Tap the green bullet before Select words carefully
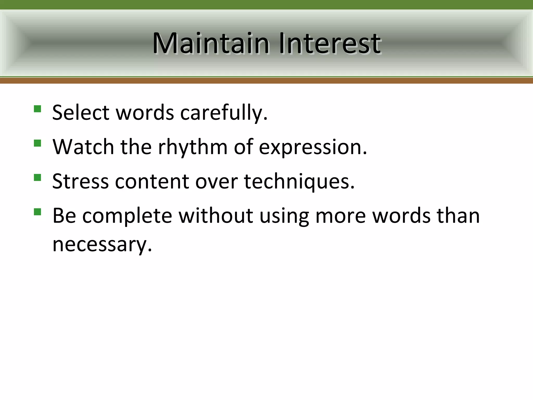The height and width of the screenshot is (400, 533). (37, 109)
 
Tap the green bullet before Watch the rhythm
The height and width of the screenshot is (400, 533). (37, 143)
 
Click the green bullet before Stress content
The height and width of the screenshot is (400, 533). (37, 178)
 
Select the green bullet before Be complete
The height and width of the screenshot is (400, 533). (37, 212)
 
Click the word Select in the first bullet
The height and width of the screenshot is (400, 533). (81, 113)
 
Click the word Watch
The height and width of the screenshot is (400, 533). (83, 147)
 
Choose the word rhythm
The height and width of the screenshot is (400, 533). (193, 147)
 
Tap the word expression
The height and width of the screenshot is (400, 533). (313, 147)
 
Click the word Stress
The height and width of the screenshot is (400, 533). (80, 181)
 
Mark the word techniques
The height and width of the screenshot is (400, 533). (299, 182)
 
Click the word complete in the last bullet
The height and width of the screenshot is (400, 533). (127, 216)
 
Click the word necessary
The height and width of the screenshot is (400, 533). (102, 244)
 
